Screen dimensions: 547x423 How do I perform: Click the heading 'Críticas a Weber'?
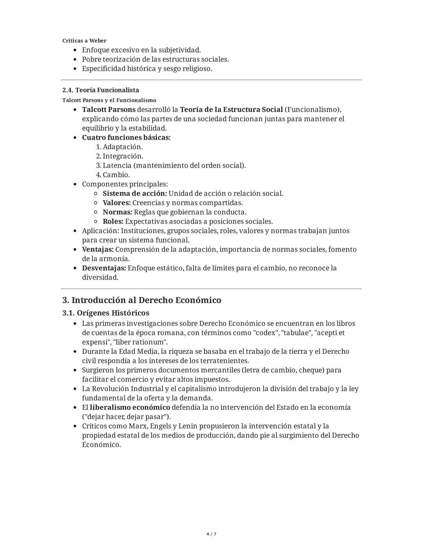pos(84,41)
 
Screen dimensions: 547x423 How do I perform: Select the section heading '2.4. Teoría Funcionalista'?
pos(101,90)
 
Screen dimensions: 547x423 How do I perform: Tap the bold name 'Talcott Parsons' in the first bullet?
pos(108,109)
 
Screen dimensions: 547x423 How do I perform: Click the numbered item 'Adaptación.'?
pos(123,147)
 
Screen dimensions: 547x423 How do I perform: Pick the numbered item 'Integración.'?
pos(123,156)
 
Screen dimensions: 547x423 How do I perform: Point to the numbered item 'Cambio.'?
pos(116,175)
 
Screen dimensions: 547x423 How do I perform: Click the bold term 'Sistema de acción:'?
pos(135,193)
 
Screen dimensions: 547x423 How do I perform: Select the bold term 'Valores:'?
pos(117,203)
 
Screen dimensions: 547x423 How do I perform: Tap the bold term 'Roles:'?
pos(113,222)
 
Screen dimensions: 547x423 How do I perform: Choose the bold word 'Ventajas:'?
pos(98,249)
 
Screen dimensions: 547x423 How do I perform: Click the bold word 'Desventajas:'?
pos(104,268)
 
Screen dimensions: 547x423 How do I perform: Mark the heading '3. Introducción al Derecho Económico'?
pos(142,300)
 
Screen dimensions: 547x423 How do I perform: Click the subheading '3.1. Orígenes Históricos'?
pos(106,313)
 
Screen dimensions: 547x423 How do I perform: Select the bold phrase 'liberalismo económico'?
pos(130,408)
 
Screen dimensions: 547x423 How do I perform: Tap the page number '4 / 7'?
pos(211,534)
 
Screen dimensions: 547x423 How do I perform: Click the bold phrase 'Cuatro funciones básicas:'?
pos(126,137)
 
